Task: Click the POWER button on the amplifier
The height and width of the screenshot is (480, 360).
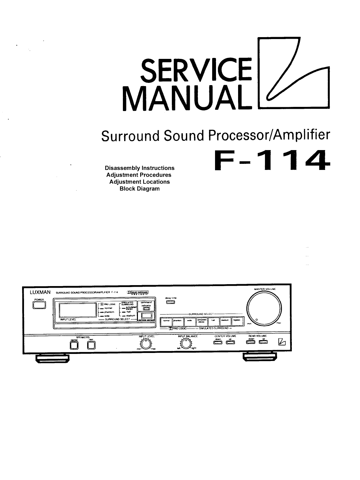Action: (39, 305)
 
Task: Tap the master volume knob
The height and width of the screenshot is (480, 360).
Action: (264, 308)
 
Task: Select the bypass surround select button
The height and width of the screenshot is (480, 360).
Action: (237, 321)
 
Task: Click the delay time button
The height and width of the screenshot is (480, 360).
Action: (170, 302)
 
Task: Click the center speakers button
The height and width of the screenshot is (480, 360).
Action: (74, 345)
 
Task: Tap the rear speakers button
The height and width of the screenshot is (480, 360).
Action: (91, 345)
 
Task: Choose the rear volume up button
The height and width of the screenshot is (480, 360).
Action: (263, 342)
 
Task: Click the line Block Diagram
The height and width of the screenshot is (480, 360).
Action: (139, 188)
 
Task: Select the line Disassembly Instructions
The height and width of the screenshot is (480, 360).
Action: (140, 168)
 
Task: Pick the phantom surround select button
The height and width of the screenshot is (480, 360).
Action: (177, 321)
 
